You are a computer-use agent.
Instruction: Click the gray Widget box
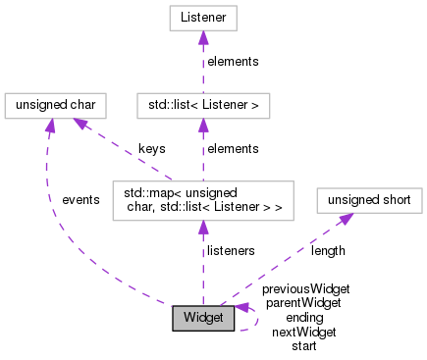(203, 318)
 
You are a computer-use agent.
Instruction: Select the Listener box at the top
(203, 18)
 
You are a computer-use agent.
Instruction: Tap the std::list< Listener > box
(202, 104)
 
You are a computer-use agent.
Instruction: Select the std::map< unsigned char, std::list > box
(202, 200)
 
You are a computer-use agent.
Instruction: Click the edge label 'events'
(80, 199)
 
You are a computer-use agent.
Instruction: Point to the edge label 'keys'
(151, 148)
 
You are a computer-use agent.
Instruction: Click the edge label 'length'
(328, 251)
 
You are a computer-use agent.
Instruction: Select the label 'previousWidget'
(305, 289)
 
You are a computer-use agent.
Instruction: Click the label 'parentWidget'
(303, 303)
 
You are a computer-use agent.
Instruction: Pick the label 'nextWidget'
(303, 332)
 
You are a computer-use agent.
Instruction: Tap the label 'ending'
(303, 318)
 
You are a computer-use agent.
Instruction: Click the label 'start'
(303, 345)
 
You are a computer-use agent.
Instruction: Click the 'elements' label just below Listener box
(233, 61)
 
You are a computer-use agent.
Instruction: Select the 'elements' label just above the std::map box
(233, 148)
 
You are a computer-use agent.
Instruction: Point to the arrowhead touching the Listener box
(203, 37)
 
